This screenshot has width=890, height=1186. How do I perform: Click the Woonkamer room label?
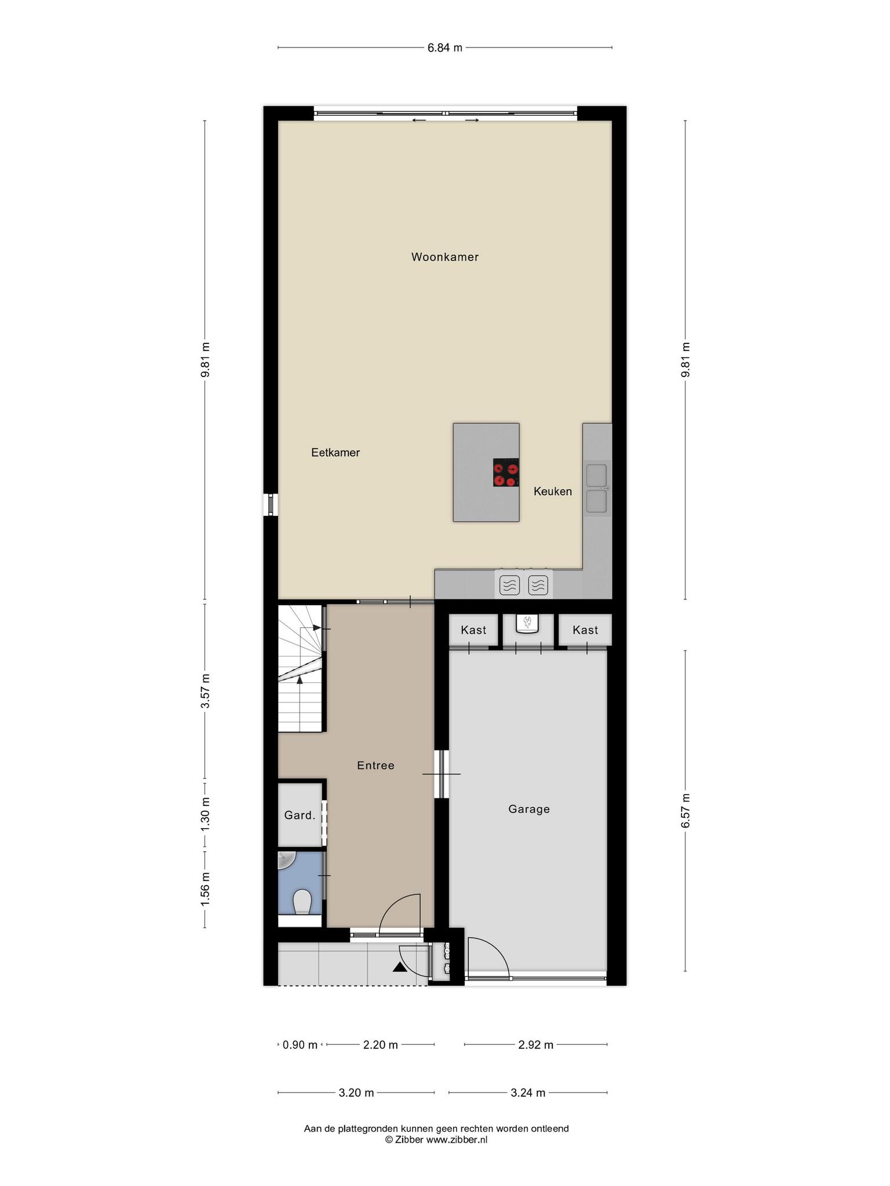pos(445,257)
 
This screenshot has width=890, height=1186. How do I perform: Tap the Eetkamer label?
pos(335,453)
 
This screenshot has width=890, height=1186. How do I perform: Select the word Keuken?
pos(553,492)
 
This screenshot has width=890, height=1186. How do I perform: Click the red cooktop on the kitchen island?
pos(506,473)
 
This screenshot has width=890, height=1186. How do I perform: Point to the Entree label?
pos(375,766)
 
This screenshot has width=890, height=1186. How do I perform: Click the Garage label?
pos(529,809)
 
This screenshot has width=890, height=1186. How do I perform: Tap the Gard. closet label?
pos(300,815)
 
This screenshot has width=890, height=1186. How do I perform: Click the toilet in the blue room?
pos(302,902)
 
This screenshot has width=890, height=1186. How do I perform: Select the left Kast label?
pos(473,630)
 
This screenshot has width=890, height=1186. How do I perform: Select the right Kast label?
pos(585,630)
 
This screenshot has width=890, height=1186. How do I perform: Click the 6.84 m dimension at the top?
pos(445,48)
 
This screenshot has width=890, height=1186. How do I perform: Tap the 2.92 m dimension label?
pos(536,1045)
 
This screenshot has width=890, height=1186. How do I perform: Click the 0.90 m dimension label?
pos(300,1045)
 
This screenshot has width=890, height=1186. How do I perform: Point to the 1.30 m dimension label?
pos(205,815)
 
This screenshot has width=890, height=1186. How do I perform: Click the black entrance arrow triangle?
pos(400,967)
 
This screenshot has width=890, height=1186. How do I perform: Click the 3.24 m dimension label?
pos(528,1093)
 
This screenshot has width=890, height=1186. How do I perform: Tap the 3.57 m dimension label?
pos(205,691)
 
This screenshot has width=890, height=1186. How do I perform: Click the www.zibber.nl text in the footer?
pos(457,1139)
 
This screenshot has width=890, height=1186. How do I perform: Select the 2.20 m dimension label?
pos(380,1045)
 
